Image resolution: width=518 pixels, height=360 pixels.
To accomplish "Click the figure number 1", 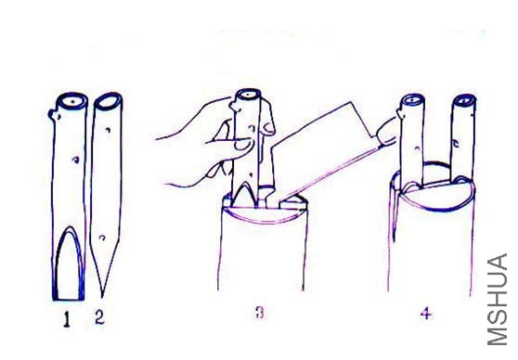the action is [67, 319].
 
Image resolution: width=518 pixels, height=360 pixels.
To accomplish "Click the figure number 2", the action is [99, 317].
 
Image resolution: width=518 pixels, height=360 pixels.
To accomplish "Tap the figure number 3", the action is [260, 312].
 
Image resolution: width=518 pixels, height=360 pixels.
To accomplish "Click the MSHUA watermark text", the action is [498, 300].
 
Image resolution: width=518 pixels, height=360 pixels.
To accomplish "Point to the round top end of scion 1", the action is [72, 100].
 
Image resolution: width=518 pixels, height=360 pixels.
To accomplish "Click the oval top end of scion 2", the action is [108, 101].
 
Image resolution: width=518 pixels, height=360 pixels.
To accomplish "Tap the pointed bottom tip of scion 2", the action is [102, 296].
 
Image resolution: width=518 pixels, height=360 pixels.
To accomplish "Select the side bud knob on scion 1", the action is [54, 115].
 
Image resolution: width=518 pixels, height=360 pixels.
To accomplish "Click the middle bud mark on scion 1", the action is [76, 161].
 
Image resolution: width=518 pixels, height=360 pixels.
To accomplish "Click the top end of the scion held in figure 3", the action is [248, 95].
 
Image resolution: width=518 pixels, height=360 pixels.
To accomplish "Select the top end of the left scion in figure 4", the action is [412, 100].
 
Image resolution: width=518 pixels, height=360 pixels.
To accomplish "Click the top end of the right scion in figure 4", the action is [464, 100].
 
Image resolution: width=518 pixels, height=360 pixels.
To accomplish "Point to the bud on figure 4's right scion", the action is [456, 144].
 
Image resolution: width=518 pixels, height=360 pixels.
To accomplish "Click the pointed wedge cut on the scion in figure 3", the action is [244, 196].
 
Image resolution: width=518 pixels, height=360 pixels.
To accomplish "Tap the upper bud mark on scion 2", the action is [108, 130].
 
